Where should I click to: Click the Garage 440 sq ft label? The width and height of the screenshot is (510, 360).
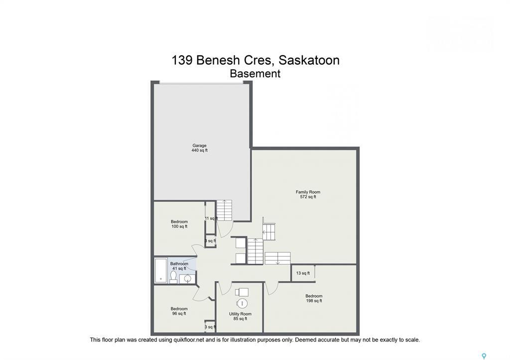[x=199, y=148]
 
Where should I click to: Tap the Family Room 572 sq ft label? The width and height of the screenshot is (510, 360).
[x=308, y=194]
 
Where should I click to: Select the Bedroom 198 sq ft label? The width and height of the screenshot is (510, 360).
[x=314, y=298]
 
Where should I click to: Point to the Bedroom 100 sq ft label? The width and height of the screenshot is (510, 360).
[x=179, y=224]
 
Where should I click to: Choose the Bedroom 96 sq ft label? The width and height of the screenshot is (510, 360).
[x=179, y=311]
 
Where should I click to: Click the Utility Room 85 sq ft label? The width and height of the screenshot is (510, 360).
[x=240, y=316]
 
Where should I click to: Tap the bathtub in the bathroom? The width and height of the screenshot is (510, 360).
[x=161, y=270]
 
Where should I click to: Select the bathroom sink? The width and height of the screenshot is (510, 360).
[x=188, y=278]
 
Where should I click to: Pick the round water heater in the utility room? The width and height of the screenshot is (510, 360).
[x=243, y=303]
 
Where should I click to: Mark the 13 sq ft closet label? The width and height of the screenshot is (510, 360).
[x=303, y=273]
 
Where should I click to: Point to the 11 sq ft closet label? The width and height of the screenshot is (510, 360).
[x=211, y=218]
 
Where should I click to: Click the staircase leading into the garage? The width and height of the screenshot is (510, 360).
[x=224, y=210]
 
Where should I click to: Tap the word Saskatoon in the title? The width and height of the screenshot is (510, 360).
[x=309, y=60]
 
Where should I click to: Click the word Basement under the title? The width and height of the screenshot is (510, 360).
[x=255, y=74]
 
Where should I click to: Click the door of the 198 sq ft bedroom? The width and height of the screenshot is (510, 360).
[x=271, y=288]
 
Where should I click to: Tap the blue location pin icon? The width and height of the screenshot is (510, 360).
[x=483, y=356]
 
